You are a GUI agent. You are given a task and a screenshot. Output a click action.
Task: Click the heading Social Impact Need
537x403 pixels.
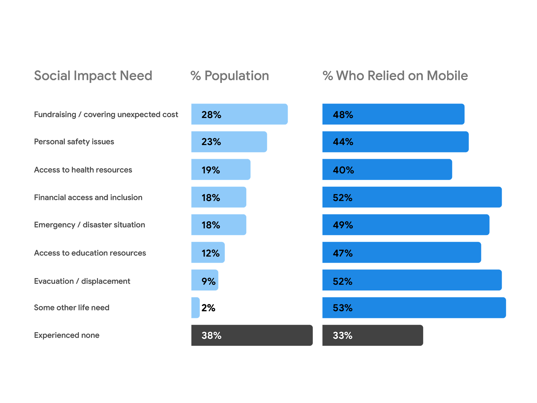click(x=93, y=76)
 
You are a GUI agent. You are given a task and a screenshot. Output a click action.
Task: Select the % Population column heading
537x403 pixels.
click(x=230, y=76)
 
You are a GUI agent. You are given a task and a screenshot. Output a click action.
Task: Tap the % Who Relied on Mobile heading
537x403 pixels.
click(x=395, y=76)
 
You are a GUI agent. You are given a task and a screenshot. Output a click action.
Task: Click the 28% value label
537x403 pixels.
click(x=211, y=115)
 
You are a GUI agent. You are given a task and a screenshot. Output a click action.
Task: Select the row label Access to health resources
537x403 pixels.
click(x=83, y=170)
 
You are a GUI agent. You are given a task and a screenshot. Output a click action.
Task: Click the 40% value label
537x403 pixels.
click(x=343, y=170)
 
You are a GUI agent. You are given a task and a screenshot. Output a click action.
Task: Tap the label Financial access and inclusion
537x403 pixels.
click(x=88, y=197)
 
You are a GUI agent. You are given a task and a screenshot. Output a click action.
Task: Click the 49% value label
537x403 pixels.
click(x=343, y=225)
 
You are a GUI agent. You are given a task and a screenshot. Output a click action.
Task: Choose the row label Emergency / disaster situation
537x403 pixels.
click(x=90, y=225)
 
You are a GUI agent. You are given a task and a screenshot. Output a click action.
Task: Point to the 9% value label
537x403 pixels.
click(x=208, y=281)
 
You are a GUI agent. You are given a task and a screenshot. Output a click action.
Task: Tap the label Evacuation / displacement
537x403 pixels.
click(x=82, y=281)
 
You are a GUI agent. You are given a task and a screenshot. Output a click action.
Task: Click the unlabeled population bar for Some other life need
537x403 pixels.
click(x=195, y=308)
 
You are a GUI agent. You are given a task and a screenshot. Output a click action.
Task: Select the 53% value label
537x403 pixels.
click(x=342, y=308)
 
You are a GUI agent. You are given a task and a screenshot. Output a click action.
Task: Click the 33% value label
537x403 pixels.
click(x=342, y=335)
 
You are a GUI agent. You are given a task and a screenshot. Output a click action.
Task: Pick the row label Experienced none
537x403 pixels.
click(x=66, y=335)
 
